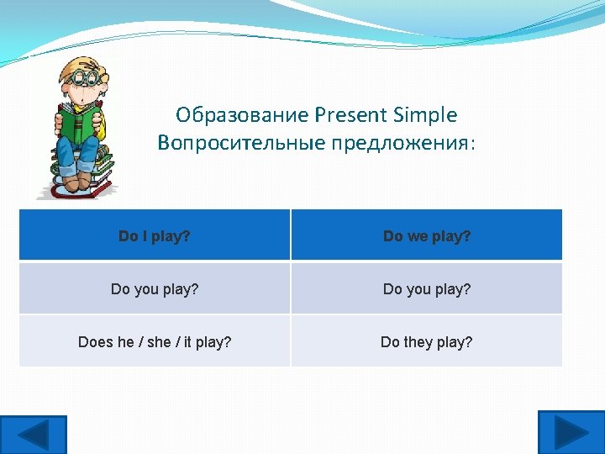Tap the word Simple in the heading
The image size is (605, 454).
pyautogui.click(x=426, y=114)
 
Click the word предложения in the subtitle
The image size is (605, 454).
pyautogui.click(x=400, y=143)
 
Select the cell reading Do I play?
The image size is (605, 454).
pyautogui.click(x=155, y=236)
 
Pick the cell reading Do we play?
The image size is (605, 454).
pyautogui.click(x=427, y=236)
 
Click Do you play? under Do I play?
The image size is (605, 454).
pyautogui.click(x=155, y=289)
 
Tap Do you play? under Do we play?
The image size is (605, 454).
pyautogui.click(x=427, y=289)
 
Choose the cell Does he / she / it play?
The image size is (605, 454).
pyautogui.click(x=155, y=342)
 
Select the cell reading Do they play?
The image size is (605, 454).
pyautogui.click(x=427, y=342)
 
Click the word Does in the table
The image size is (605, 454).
pyautogui.click(x=95, y=342)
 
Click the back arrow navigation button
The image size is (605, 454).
pyautogui.click(x=33, y=434)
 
